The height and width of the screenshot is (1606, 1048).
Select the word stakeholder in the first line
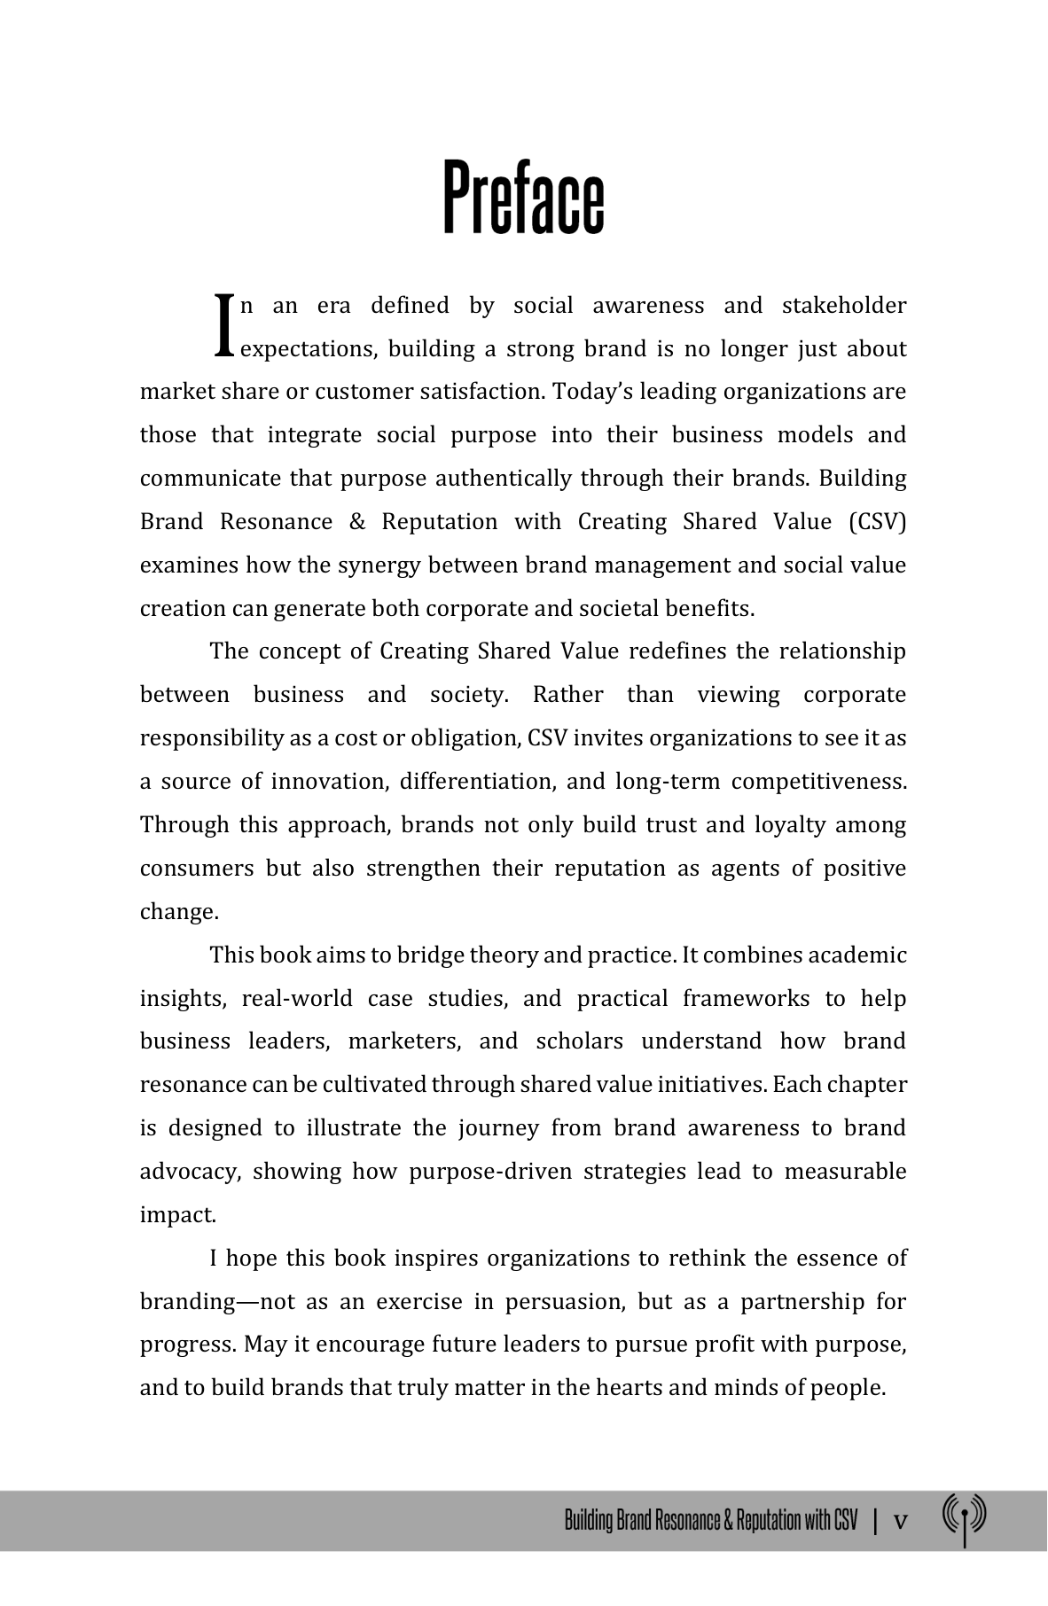pyautogui.click(x=844, y=306)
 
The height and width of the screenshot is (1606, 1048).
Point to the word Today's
pyautogui.click(x=592, y=392)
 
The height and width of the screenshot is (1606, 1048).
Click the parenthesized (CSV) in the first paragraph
pyautogui.click(x=877, y=522)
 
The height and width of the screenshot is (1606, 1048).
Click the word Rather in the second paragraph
pyautogui.click(x=567, y=695)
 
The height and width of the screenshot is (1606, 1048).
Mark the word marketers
pyautogui.click(x=404, y=1041)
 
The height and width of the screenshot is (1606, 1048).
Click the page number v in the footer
pyautogui.click(x=900, y=1522)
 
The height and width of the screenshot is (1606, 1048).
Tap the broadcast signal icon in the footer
pyautogui.click(x=964, y=1519)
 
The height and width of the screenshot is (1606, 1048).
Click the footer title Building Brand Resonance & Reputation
pyautogui.click(x=710, y=1522)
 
